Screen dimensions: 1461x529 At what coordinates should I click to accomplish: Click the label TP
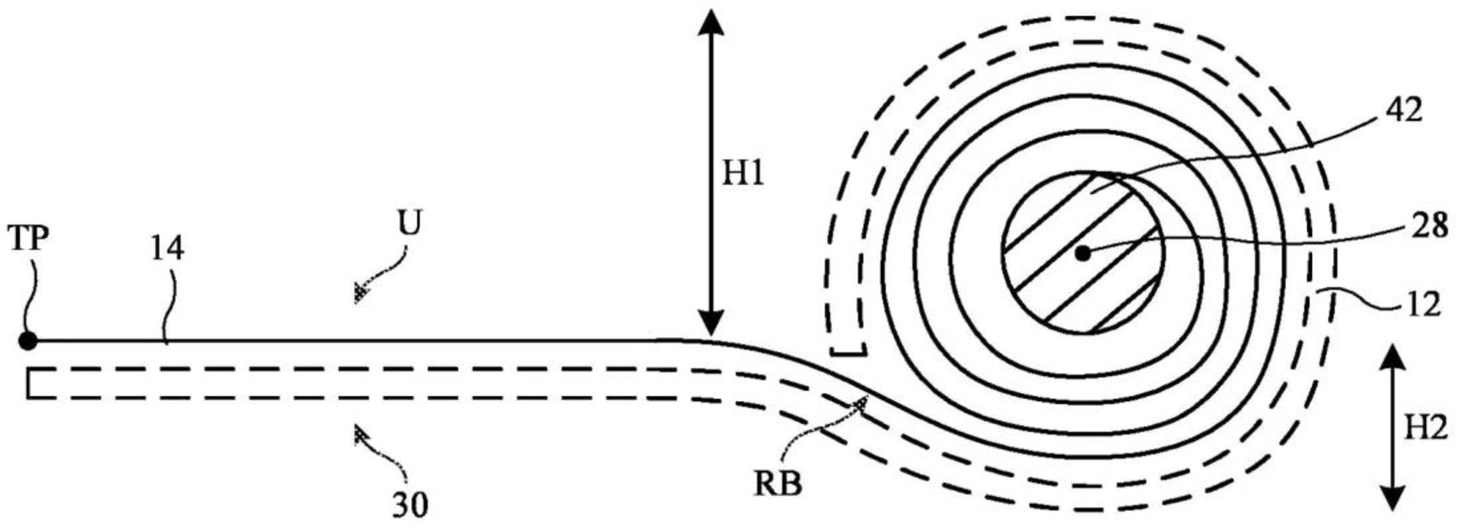pyautogui.click(x=29, y=239)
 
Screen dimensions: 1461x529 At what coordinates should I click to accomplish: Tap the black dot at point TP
pyautogui.click(x=28, y=341)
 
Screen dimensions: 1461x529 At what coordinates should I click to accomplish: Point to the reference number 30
pyautogui.click(x=410, y=504)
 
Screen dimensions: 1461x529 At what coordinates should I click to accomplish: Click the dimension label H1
pyautogui.click(x=743, y=176)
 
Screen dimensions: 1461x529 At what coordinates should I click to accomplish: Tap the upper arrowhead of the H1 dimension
pyautogui.click(x=711, y=21)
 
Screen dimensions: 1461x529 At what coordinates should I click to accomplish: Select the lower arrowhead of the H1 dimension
pyautogui.click(x=711, y=323)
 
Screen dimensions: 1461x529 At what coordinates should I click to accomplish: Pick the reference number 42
pyautogui.click(x=1404, y=112)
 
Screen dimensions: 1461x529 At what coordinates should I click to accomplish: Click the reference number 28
pyautogui.click(x=1429, y=226)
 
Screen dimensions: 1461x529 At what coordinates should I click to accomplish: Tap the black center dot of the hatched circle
pyautogui.click(x=1082, y=253)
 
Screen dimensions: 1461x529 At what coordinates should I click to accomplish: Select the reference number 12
pyautogui.click(x=1422, y=304)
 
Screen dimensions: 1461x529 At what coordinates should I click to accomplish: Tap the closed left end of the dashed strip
pyautogui.click(x=27, y=383)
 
